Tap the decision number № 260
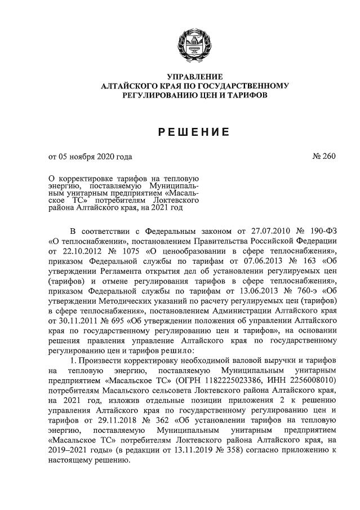pos(323,157)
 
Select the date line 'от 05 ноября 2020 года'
pos(91,157)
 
